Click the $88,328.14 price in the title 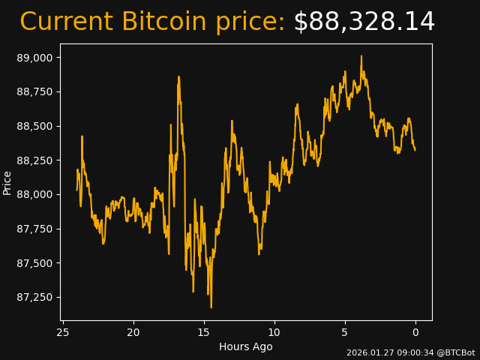(x=364, y=22)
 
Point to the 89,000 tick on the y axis (x=36, y=58)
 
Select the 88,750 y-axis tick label (x=36, y=91)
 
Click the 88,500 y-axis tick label (x=36, y=126)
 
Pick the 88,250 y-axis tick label (x=36, y=160)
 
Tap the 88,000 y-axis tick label (x=36, y=194)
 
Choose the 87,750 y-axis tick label (x=36, y=229)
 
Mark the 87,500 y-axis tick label (x=36, y=263)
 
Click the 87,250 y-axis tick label (x=36, y=297)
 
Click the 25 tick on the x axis (x=63, y=332)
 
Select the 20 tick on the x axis (x=133, y=332)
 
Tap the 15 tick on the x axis (x=204, y=332)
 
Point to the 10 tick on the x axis (x=274, y=332)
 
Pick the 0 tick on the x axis (x=415, y=332)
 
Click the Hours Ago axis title (x=246, y=346)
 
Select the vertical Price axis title (x=7, y=182)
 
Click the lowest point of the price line (x=211, y=307)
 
